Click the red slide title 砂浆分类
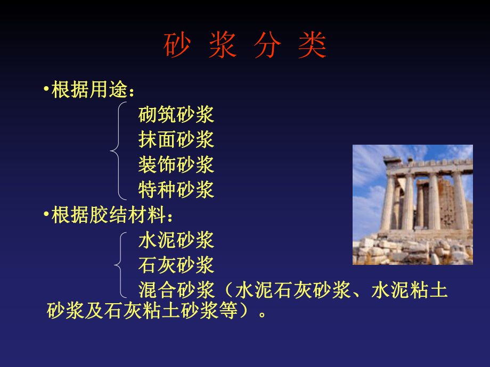(244, 46)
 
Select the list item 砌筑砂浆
(176, 114)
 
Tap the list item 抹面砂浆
(176, 139)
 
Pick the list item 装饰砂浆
(176, 164)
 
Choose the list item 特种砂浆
(176, 189)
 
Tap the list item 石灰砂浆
(176, 265)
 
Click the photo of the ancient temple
(412, 205)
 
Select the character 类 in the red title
(313, 46)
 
